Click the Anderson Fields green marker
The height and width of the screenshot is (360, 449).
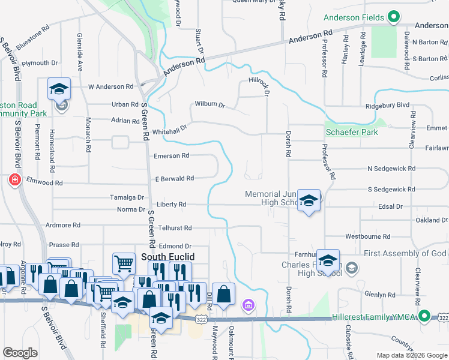tap(394, 17)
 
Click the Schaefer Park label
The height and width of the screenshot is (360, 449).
tap(352, 132)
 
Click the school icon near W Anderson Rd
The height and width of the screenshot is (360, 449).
tap(59, 89)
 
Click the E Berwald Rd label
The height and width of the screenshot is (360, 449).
tap(174, 178)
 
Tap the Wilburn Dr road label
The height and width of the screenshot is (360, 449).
tap(209, 104)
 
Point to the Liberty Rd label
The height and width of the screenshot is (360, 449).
tap(172, 205)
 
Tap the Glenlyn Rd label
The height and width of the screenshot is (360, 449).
tap(379, 295)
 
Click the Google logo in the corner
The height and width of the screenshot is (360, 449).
tap(20, 353)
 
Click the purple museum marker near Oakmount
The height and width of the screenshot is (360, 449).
tap(247, 307)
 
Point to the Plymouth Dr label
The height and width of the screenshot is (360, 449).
tap(40, 62)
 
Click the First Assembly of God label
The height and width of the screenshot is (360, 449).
tap(405, 254)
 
